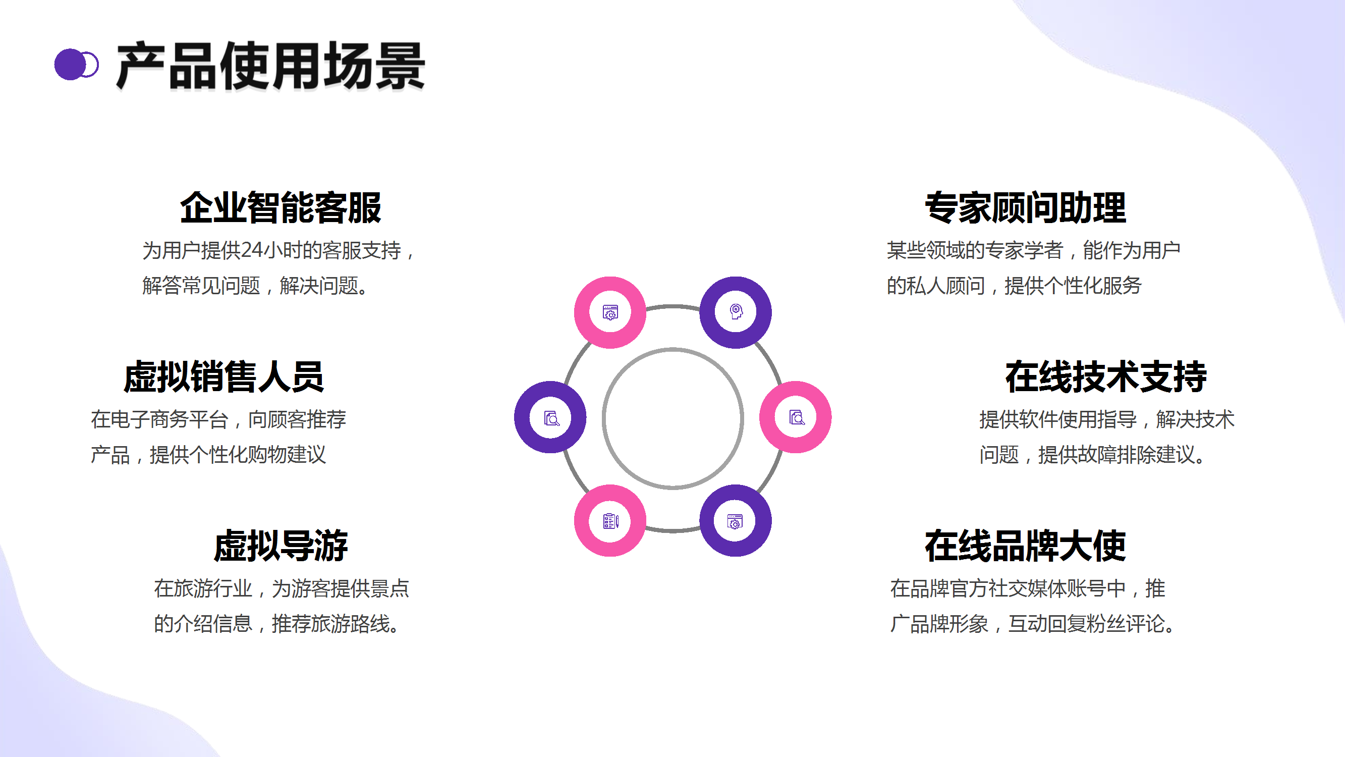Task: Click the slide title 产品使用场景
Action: pyautogui.click(x=270, y=66)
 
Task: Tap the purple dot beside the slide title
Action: pyautogui.click(x=70, y=65)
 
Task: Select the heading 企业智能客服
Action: pyautogui.click(x=281, y=208)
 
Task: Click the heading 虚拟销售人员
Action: pyautogui.click(x=223, y=376)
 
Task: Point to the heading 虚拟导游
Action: pyautogui.click(x=281, y=546)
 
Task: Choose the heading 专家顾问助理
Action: pyautogui.click(x=1025, y=208)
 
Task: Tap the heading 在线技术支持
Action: pyautogui.click(x=1106, y=376)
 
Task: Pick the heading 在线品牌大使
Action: pyautogui.click(x=1025, y=546)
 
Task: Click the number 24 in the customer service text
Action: pyautogui.click(x=252, y=250)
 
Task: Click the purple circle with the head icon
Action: pyautogui.click(x=735, y=312)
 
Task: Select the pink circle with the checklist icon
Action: pyautogui.click(x=610, y=521)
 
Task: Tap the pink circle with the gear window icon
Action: pyautogui.click(x=610, y=312)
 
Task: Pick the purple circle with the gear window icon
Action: pyautogui.click(x=735, y=521)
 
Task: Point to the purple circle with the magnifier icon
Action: pyautogui.click(x=550, y=417)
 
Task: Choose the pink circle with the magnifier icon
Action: pyautogui.click(x=795, y=417)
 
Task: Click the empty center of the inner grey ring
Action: pyautogui.click(x=672, y=418)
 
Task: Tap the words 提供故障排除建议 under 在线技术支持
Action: pyautogui.click(x=1116, y=455)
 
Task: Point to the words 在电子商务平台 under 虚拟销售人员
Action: pyautogui.click(x=159, y=419)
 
